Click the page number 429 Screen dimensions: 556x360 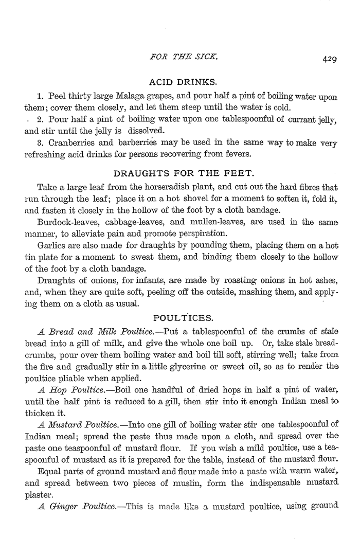point(330,59)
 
